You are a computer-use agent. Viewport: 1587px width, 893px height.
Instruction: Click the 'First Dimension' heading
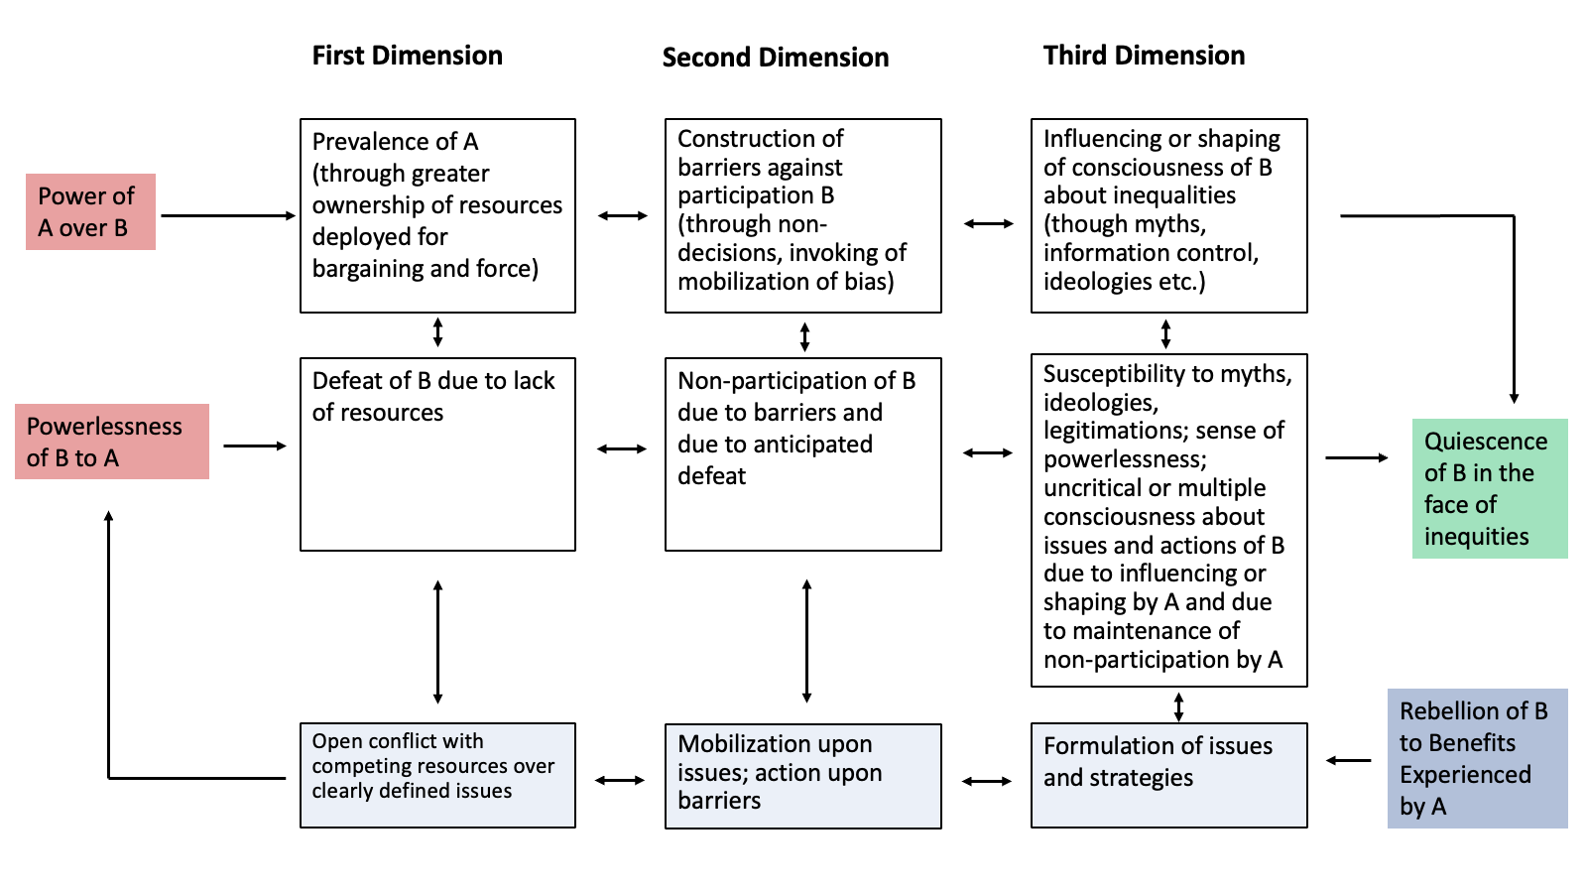pos(407,56)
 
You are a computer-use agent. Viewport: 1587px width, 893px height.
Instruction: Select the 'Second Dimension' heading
pos(775,58)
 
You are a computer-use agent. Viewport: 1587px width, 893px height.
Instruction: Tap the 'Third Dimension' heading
pos(1144,56)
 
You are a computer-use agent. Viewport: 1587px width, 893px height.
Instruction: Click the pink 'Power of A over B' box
pos(90,211)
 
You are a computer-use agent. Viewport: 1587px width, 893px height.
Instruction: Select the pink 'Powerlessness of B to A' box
pos(112,442)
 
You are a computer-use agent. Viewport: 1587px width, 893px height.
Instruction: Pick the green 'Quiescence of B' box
pos(1489,488)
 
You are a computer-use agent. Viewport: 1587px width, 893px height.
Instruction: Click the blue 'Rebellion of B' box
pos(1477,758)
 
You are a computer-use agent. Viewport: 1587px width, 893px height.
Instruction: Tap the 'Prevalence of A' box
pos(437,215)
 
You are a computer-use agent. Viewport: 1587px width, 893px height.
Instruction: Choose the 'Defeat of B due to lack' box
pos(437,453)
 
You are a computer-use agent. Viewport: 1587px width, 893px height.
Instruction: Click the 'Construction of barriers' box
pos(802,215)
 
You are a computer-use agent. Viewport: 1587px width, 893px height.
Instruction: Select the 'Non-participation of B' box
pos(802,453)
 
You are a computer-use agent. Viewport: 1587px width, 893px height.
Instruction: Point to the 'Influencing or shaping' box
pos(1168,215)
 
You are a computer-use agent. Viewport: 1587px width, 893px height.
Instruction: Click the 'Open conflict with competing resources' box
pos(437,775)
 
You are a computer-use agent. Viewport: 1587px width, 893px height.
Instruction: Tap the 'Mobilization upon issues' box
pos(802,775)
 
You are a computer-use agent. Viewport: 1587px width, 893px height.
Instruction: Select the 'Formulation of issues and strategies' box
pos(1168,775)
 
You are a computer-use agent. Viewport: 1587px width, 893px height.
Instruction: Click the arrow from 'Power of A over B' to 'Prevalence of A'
pos(228,215)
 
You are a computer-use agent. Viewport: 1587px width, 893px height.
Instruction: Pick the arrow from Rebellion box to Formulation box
pos(1348,761)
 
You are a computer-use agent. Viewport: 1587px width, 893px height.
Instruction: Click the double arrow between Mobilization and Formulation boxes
pos(987,781)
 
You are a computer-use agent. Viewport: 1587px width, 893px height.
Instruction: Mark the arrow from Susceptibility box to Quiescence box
pos(1356,457)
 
